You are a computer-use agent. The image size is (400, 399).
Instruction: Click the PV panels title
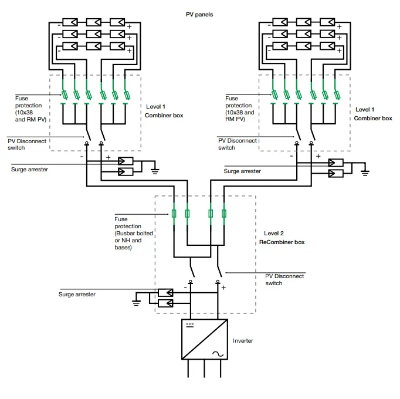tap(199, 8)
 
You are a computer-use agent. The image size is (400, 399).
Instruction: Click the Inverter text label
tap(243, 340)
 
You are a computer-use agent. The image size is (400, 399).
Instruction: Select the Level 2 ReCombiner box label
tap(284, 238)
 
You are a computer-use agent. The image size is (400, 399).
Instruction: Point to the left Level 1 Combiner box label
tap(164, 111)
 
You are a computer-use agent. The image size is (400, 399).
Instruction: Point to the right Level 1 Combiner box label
tap(374, 114)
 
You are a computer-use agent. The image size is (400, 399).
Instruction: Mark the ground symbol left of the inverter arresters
tap(136, 302)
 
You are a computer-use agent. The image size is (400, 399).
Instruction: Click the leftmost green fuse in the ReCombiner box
tap(174, 214)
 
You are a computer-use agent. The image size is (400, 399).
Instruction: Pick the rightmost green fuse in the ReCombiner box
tap(223, 214)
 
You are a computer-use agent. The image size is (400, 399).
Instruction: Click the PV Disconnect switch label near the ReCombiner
tap(285, 279)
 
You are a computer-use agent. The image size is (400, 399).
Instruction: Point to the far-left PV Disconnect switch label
tap(25, 144)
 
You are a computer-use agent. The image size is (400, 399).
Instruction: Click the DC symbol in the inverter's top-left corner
tap(189, 324)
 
